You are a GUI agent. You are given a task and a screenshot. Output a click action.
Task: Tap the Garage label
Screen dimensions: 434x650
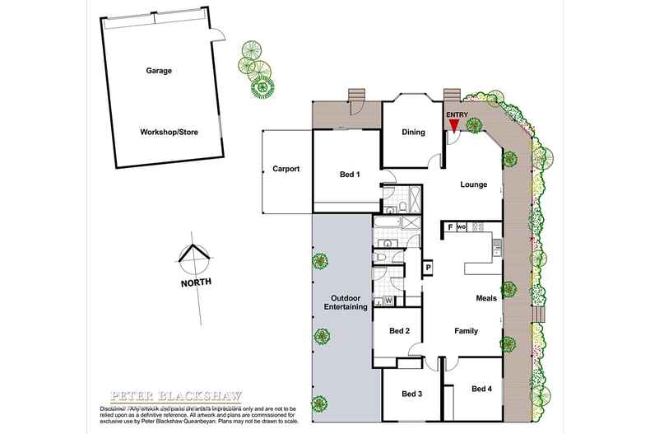click(x=160, y=71)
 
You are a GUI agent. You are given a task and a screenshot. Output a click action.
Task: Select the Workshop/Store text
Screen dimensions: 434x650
click(x=168, y=132)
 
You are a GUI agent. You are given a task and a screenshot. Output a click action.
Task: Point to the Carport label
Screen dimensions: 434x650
click(x=286, y=169)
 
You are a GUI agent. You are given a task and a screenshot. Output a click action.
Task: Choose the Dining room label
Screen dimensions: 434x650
click(x=413, y=133)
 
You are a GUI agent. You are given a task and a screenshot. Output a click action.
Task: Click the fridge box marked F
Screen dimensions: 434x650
click(x=451, y=227)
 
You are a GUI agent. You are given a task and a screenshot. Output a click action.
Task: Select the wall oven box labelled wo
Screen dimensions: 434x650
click(x=462, y=227)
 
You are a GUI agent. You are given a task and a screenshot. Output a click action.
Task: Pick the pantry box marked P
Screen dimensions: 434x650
click(x=428, y=267)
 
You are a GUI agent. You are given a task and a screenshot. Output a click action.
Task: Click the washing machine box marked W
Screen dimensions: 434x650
click(x=388, y=301)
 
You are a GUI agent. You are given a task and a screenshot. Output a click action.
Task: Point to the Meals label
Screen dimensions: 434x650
click(x=485, y=298)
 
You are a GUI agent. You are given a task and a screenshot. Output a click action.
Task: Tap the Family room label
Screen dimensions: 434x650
click(x=467, y=331)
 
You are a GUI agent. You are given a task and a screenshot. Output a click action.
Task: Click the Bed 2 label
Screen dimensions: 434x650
click(x=400, y=331)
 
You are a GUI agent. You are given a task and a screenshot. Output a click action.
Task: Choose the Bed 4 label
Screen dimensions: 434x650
click(x=482, y=388)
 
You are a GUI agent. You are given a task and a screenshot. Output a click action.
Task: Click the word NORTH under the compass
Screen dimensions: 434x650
click(x=195, y=282)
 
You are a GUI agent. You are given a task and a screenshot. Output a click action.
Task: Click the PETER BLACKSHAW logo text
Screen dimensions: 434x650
click(x=156, y=395)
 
